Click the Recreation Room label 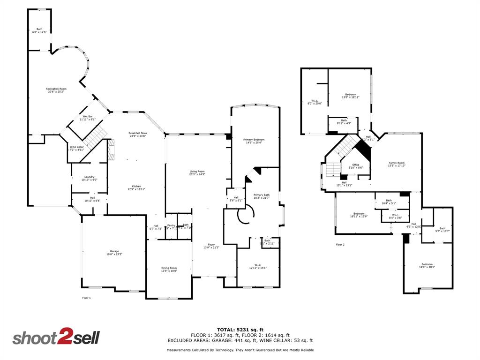(56, 90)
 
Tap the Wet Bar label (87, 118)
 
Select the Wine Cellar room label (76, 148)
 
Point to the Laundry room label (89, 178)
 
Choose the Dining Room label (169, 269)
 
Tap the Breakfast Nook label (138, 135)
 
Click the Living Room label (197, 173)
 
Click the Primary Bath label (262, 196)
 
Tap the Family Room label (397, 164)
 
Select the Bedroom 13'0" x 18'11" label (351, 96)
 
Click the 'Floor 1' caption (86, 298)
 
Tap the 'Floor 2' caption (340, 244)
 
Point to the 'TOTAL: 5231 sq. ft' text (240, 329)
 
